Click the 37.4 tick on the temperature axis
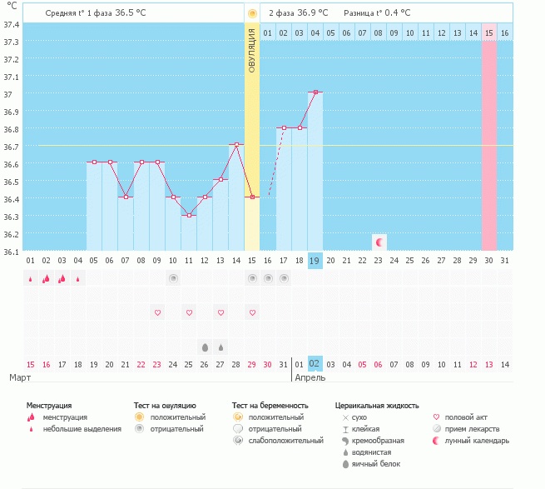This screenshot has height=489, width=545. click(x=12, y=24)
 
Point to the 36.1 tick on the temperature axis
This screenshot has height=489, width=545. click(x=12, y=251)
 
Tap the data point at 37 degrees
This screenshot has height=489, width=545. click(x=315, y=92)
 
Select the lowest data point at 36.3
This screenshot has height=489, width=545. click(x=189, y=215)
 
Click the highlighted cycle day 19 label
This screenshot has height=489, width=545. click(x=315, y=261)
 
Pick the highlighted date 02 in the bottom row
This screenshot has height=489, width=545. click(x=315, y=364)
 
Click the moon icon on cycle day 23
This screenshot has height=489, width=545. click(x=379, y=242)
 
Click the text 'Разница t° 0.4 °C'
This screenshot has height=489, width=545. click(x=377, y=13)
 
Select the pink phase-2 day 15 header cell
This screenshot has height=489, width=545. click(x=489, y=32)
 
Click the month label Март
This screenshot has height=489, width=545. click(x=21, y=377)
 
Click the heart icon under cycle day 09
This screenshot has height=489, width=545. click(x=157, y=312)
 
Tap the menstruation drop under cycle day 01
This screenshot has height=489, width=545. click(x=31, y=279)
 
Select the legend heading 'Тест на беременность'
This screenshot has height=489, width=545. click(x=270, y=405)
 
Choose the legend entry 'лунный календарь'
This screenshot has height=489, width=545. click(x=475, y=441)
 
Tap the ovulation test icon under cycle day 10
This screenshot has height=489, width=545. click(x=173, y=278)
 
